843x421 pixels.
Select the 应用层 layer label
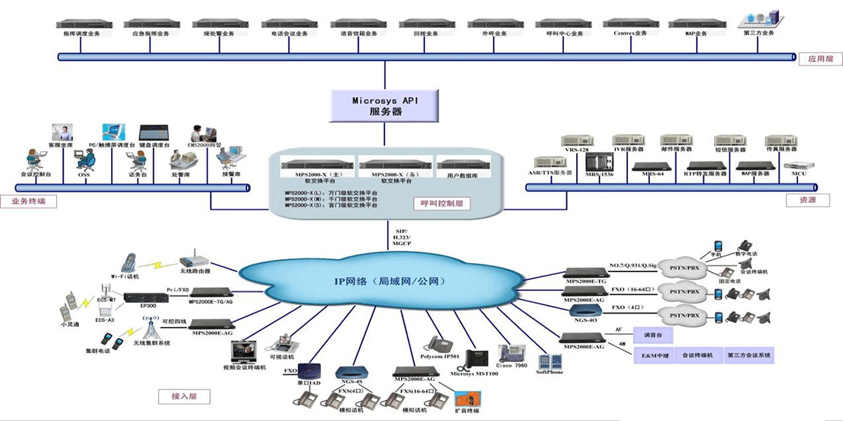820,59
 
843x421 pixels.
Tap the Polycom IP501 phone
440,344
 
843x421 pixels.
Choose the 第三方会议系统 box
750,356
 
